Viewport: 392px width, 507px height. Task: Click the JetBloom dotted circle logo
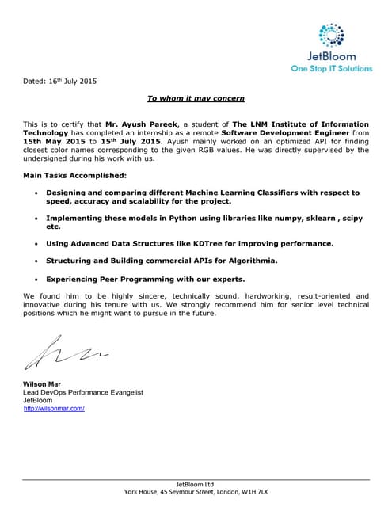(x=331, y=35)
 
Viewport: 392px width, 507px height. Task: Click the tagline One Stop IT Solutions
(x=331, y=68)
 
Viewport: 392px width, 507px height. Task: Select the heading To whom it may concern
(x=196, y=98)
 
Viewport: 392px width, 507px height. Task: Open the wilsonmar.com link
(x=54, y=408)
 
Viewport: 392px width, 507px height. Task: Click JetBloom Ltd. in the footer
(x=196, y=483)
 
